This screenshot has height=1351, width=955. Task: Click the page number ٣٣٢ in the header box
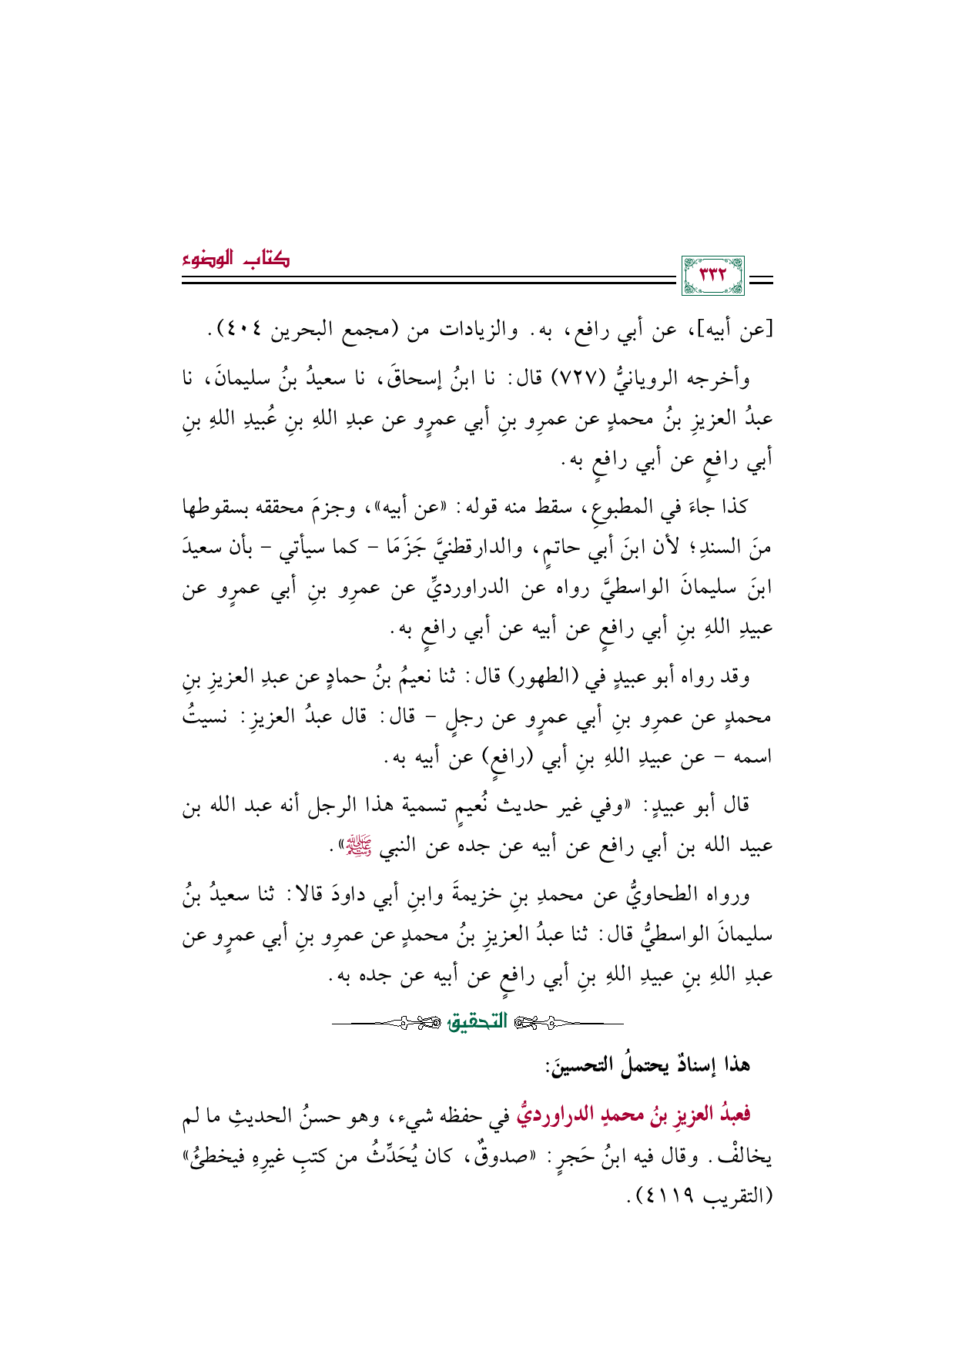(x=712, y=277)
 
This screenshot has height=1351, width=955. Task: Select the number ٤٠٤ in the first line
(x=241, y=332)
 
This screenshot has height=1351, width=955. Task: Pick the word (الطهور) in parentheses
(x=539, y=679)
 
